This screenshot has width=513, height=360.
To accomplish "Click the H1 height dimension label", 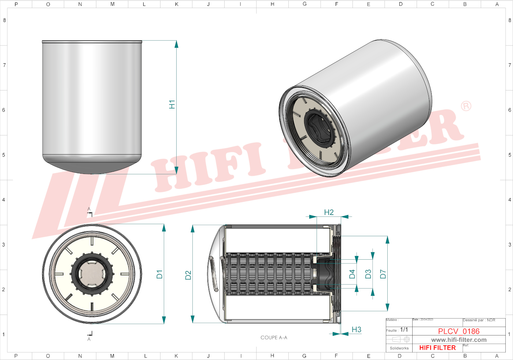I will point(172,104).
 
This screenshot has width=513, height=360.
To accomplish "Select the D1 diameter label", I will point(159,274).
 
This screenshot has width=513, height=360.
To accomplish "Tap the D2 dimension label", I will point(188,275).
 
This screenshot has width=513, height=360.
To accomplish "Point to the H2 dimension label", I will point(329,212).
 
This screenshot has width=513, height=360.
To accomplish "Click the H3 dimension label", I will point(356,330).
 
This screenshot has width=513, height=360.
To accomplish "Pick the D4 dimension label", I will point(352,274).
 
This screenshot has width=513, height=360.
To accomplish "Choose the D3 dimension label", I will point(368,274).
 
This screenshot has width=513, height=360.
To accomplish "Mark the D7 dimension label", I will point(383,274).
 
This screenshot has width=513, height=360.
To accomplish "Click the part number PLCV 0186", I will point(458,331).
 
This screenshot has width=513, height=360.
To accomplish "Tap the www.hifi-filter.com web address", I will point(459,340).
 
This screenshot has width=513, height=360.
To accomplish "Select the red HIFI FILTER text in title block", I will point(438,348).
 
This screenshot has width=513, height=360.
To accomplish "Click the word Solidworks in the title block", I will point(399,348).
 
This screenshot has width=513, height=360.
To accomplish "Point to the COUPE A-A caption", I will point(274,338).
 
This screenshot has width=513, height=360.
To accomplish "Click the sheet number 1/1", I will point(404,330).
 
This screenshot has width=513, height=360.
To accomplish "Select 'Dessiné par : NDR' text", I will point(479,320).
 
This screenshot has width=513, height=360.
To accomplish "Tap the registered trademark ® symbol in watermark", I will point(466,106).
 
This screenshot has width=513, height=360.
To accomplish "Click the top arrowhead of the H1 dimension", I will point(176,44).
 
